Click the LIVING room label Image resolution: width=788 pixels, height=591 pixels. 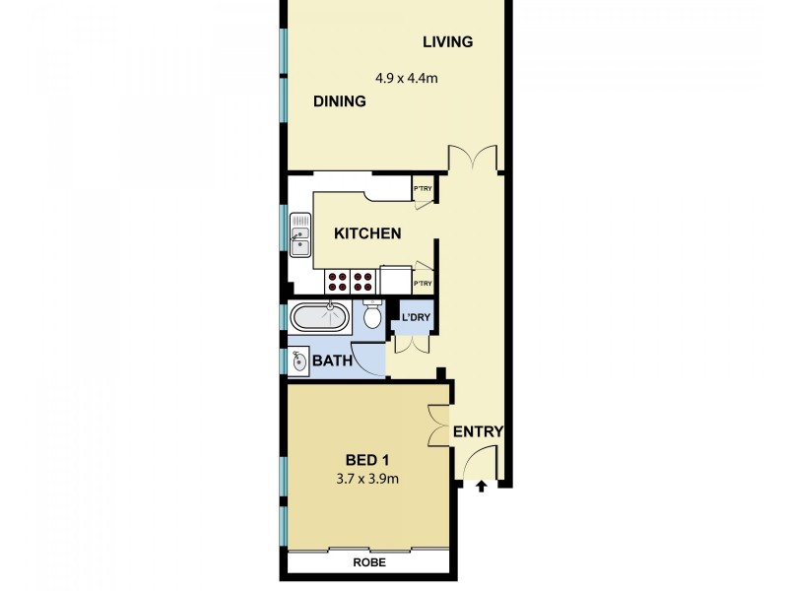pyautogui.click(x=448, y=42)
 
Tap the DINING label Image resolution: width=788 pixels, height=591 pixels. pyautogui.click(x=340, y=101)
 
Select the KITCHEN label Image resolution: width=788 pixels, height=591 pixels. pyautogui.click(x=367, y=234)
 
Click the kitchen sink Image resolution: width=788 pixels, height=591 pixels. pyautogui.click(x=299, y=236)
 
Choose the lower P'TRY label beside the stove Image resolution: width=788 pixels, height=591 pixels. pyautogui.click(x=423, y=285)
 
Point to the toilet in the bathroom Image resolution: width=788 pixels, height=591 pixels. pyautogui.click(x=372, y=316)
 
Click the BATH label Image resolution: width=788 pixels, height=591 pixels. pyautogui.click(x=333, y=361)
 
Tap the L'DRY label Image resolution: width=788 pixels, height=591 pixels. pyautogui.click(x=415, y=317)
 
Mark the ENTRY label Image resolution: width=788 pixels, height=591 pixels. pyautogui.click(x=478, y=431)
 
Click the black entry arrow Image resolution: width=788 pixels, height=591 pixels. pyautogui.click(x=482, y=486)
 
